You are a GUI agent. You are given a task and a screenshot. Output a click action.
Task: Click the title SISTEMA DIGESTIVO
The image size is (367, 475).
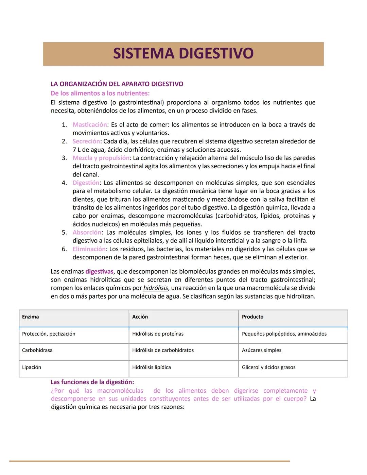coord(183,54)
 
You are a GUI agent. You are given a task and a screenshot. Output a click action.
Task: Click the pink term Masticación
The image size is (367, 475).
coord(89,125)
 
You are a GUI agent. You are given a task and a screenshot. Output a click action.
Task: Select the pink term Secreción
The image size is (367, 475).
coord(86,141)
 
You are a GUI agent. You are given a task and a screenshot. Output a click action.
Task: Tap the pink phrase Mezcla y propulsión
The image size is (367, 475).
coord(101,158)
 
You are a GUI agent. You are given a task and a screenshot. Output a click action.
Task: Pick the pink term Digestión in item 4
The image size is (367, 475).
coord(86,183)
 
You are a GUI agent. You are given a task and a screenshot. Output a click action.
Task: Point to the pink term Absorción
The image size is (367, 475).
coord(87,233)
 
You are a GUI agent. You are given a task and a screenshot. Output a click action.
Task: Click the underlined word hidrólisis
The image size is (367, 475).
coord(156,288)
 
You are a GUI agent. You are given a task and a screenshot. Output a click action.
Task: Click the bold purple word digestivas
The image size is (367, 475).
coord(99,272)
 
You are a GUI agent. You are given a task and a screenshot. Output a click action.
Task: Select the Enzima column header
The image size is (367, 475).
coord(31,317)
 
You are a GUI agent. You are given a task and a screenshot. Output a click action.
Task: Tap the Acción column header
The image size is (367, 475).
coord(140,317)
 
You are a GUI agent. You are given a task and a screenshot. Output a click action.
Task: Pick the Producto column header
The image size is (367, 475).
coord(252,317)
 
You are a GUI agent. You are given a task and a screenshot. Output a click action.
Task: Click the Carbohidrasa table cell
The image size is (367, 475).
coord(37,351)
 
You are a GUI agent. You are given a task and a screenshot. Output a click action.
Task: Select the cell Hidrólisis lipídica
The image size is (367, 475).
coord(152,368)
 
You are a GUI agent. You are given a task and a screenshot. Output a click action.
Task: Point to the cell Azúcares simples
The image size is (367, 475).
coord(262,351)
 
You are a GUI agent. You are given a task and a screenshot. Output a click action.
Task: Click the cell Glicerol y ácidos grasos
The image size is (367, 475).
coord(268,368)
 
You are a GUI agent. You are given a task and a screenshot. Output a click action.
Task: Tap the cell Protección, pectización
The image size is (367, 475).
coord(49,334)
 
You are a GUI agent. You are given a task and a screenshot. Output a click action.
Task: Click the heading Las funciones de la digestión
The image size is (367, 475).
coord(92,382)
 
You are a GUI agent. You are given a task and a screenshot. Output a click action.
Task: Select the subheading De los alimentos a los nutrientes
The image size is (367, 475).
coord(100,93)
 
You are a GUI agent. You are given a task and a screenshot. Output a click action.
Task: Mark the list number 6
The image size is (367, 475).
coord(64,249)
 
